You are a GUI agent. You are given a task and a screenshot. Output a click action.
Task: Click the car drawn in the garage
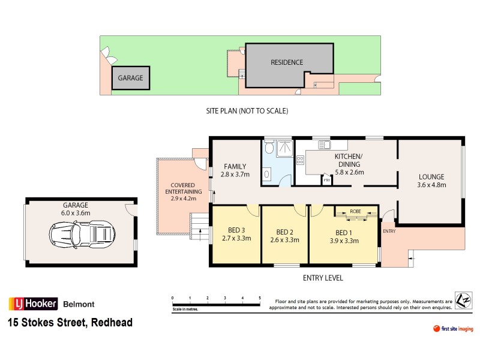(82, 232)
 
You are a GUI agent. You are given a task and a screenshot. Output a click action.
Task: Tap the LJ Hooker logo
(32, 304)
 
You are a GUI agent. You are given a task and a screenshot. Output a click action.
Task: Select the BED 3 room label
(235, 230)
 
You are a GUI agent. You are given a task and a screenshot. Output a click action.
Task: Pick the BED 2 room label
(284, 232)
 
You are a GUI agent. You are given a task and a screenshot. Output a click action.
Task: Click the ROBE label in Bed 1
(356, 211)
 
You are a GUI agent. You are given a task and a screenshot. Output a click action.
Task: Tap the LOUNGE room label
(431, 177)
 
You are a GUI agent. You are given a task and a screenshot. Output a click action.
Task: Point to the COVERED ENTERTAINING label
(184, 188)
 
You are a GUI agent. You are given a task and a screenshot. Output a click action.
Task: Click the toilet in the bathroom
(271, 147)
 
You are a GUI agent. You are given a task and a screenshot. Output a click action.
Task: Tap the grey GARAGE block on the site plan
(130, 79)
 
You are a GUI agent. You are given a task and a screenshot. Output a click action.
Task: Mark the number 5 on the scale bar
(260, 298)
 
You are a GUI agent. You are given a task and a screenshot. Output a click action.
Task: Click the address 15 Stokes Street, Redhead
(70, 323)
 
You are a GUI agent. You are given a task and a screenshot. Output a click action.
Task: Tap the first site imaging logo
(453, 329)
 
